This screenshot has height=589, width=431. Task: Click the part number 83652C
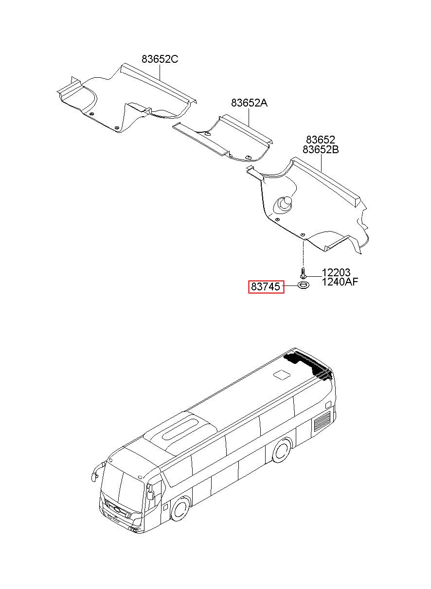[x=160, y=59]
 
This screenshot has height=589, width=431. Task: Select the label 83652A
[x=249, y=103]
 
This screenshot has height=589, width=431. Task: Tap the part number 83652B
[x=321, y=150]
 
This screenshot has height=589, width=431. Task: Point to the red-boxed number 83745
[x=266, y=287]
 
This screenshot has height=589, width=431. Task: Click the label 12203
[x=336, y=273]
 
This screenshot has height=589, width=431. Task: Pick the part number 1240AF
[x=340, y=282]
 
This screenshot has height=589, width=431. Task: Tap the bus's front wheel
[x=180, y=509]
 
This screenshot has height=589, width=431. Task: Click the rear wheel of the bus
[x=281, y=450]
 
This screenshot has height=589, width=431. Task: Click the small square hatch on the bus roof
[x=281, y=375]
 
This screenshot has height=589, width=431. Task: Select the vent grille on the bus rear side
[x=322, y=420]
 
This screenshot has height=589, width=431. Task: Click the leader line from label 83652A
[x=250, y=119]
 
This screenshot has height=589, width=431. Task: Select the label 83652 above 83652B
[x=320, y=141]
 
